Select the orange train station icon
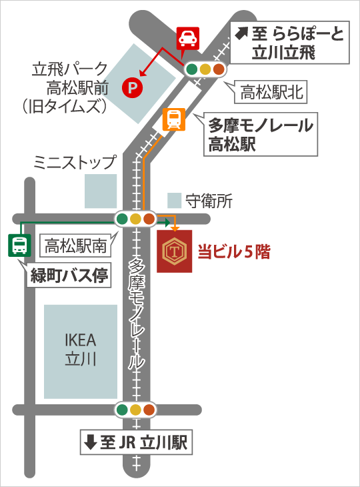tap(174, 120)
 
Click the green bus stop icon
tap(19, 246)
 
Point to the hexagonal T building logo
tap(174, 252)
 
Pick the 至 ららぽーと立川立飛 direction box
tap(289, 43)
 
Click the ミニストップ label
tap(75, 163)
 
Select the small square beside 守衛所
tap(174, 199)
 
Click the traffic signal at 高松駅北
tap(206, 69)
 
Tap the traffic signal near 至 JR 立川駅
tap(136, 410)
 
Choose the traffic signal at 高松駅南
tap(135, 219)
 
